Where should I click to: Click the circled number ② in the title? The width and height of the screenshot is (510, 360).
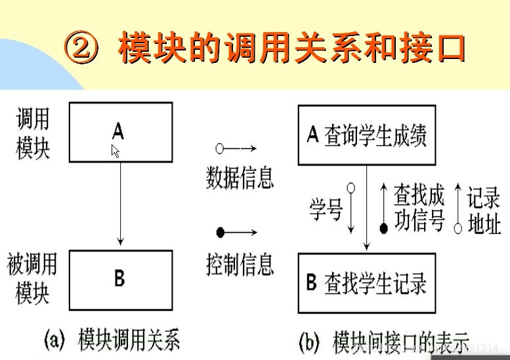84,49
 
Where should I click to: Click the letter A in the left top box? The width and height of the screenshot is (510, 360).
117,131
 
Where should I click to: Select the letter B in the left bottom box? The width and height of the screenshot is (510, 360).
119,278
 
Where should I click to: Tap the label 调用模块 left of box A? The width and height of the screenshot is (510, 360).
33,134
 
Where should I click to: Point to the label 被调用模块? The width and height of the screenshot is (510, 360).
32,279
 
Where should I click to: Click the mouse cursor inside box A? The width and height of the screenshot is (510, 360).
116,151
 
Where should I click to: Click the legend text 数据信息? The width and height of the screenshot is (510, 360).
240,177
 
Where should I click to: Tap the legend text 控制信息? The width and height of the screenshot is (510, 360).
239,264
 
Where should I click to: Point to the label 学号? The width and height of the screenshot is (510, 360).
326,209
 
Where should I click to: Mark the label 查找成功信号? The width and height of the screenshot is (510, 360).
419,208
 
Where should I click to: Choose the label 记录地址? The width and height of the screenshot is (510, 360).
484,210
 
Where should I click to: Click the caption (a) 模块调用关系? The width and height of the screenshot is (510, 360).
111,342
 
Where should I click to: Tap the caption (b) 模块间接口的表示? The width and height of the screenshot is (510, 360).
384,342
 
